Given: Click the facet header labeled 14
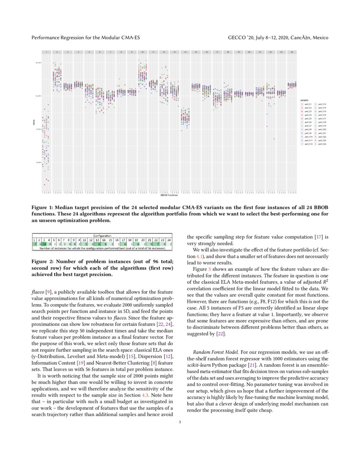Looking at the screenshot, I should pos(185,52).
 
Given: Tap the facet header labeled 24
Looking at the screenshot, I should pos(292,52).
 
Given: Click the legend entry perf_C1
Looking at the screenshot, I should pos(307,104).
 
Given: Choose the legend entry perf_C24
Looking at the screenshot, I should pos(321,144).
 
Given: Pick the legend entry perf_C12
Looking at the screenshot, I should pos(307,144).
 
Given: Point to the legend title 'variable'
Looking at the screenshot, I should pos(305,100).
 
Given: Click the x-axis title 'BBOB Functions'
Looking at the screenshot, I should pos(169,196).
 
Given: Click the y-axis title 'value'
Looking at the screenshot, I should pos(34,123).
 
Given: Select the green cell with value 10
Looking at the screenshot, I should pos(44,244).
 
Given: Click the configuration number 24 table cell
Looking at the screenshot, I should pos(169,240).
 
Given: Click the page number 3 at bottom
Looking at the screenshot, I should pos(180,422).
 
